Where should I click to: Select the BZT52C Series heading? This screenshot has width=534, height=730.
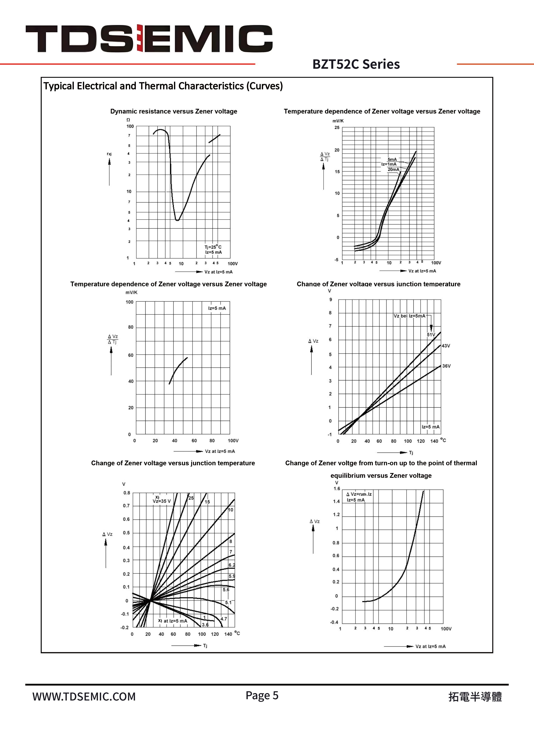click(356, 64)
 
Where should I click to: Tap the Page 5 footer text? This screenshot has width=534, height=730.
click(262, 695)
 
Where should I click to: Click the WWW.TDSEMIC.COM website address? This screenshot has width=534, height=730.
click(84, 697)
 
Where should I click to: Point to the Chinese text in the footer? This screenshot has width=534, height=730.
click(475, 697)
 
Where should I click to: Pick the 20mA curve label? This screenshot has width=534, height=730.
click(393, 169)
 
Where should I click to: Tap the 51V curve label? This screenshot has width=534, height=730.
click(431, 335)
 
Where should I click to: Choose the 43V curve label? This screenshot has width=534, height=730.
click(446, 346)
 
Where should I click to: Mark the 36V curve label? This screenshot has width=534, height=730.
click(446, 366)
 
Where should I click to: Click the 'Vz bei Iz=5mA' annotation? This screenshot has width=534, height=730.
click(409, 316)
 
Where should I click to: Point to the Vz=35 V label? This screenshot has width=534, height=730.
click(162, 501)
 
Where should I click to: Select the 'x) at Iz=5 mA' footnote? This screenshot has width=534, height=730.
click(173, 621)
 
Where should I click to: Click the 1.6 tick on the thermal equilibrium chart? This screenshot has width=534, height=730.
click(337, 489)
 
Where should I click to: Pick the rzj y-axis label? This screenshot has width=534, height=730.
click(109, 154)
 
